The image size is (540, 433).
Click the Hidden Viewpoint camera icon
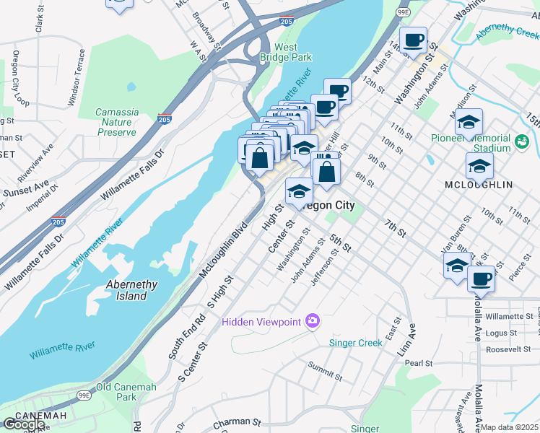click(x=313, y=320)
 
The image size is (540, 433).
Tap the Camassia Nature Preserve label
click(x=116, y=122)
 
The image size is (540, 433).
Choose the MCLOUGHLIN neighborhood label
click(x=479, y=185)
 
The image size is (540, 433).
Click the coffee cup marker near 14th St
click(x=413, y=40)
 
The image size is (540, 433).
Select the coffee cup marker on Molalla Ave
click(x=482, y=278)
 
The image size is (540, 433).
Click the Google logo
click(x=25, y=424)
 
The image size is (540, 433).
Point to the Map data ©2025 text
click(x=510, y=427)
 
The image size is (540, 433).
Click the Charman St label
click(x=237, y=421)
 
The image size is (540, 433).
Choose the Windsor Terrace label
click(x=77, y=77)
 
